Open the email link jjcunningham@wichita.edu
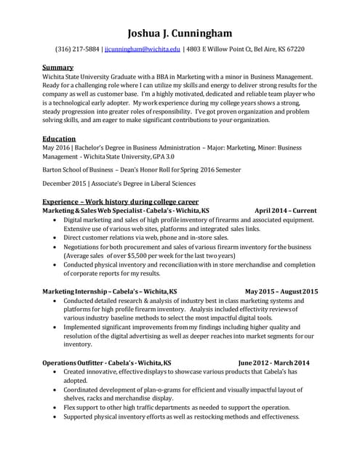click(x=142, y=49)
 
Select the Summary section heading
click(x=58, y=68)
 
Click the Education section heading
click(x=60, y=138)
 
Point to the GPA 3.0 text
click(x=181, y=156)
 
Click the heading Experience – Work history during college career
click(x=121, y=201)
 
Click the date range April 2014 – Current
click(x=286, y=211)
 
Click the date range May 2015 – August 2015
click(x=281, y=291)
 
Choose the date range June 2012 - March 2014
click(x=273, y=363)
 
